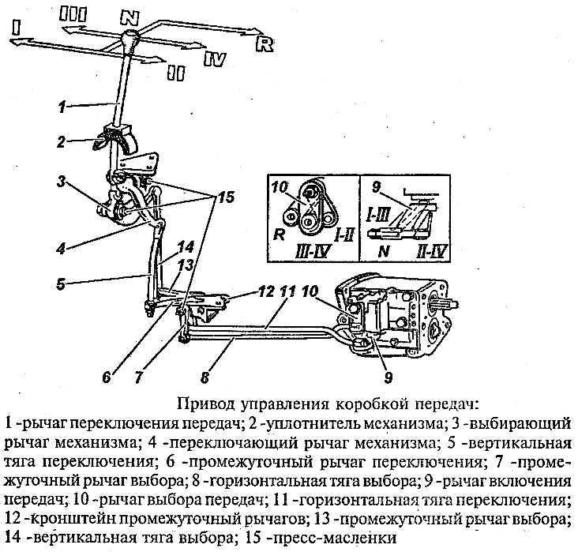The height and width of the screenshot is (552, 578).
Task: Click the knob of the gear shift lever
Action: coord(129,39)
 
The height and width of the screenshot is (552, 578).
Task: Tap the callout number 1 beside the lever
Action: coord(62,107)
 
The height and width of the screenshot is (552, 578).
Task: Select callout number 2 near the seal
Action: coord(61,142)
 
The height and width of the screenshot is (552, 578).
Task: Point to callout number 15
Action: coord(227,197)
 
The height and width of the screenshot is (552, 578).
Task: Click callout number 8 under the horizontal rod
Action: coord(205,377)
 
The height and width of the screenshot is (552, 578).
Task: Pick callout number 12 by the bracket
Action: coord(267,291)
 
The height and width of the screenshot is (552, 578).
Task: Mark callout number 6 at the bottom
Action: coord(107,377)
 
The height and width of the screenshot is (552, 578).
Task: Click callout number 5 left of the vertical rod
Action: coord(61,284)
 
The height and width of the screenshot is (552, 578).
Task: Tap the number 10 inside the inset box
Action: coord(280,187)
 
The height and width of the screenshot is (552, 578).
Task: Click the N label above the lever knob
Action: coord(130,17)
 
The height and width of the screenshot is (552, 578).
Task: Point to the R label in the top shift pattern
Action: coord(265,44)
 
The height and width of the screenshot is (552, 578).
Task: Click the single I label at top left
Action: coord(17,27)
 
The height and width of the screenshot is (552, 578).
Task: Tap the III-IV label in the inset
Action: coord(312,251)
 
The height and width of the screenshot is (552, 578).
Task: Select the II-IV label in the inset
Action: coord(432,252)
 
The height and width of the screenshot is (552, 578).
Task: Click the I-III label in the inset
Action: coord(377,215)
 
